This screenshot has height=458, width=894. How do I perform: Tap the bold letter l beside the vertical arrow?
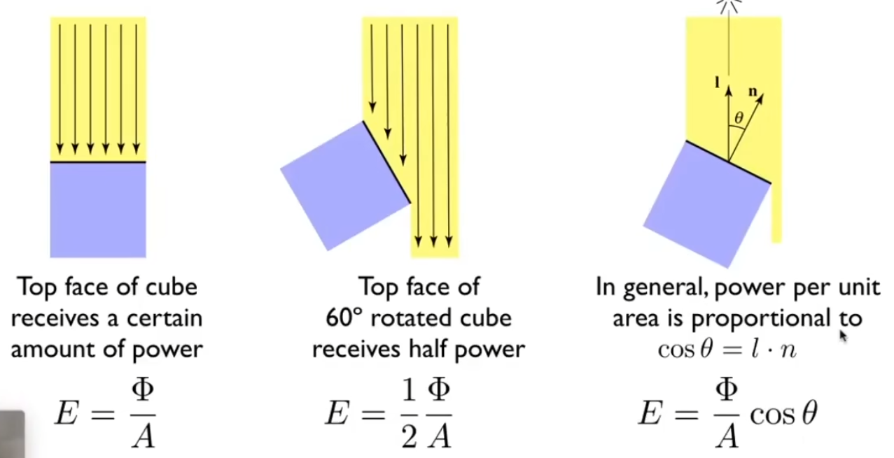pyautogui.click(x=717, y=82)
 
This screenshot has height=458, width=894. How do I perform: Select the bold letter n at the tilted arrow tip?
pyautogui.click(x=753, y=90)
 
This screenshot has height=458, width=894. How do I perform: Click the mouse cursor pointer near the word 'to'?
pyautogui.click(x=843, y=336)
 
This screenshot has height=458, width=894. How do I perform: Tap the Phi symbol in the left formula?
pyautogui.click(x=142, y=392)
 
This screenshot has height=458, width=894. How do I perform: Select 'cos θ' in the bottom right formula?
pyautogui.click(x=782, y=414)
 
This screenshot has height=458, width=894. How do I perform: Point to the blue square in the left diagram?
pyautogui.click(x=98, y=210)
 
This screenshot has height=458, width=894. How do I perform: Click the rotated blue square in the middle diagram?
pyautogui.click(x=345, y=186)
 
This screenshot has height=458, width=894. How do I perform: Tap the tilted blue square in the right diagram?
pyautogui.click(x=706, y=203)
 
